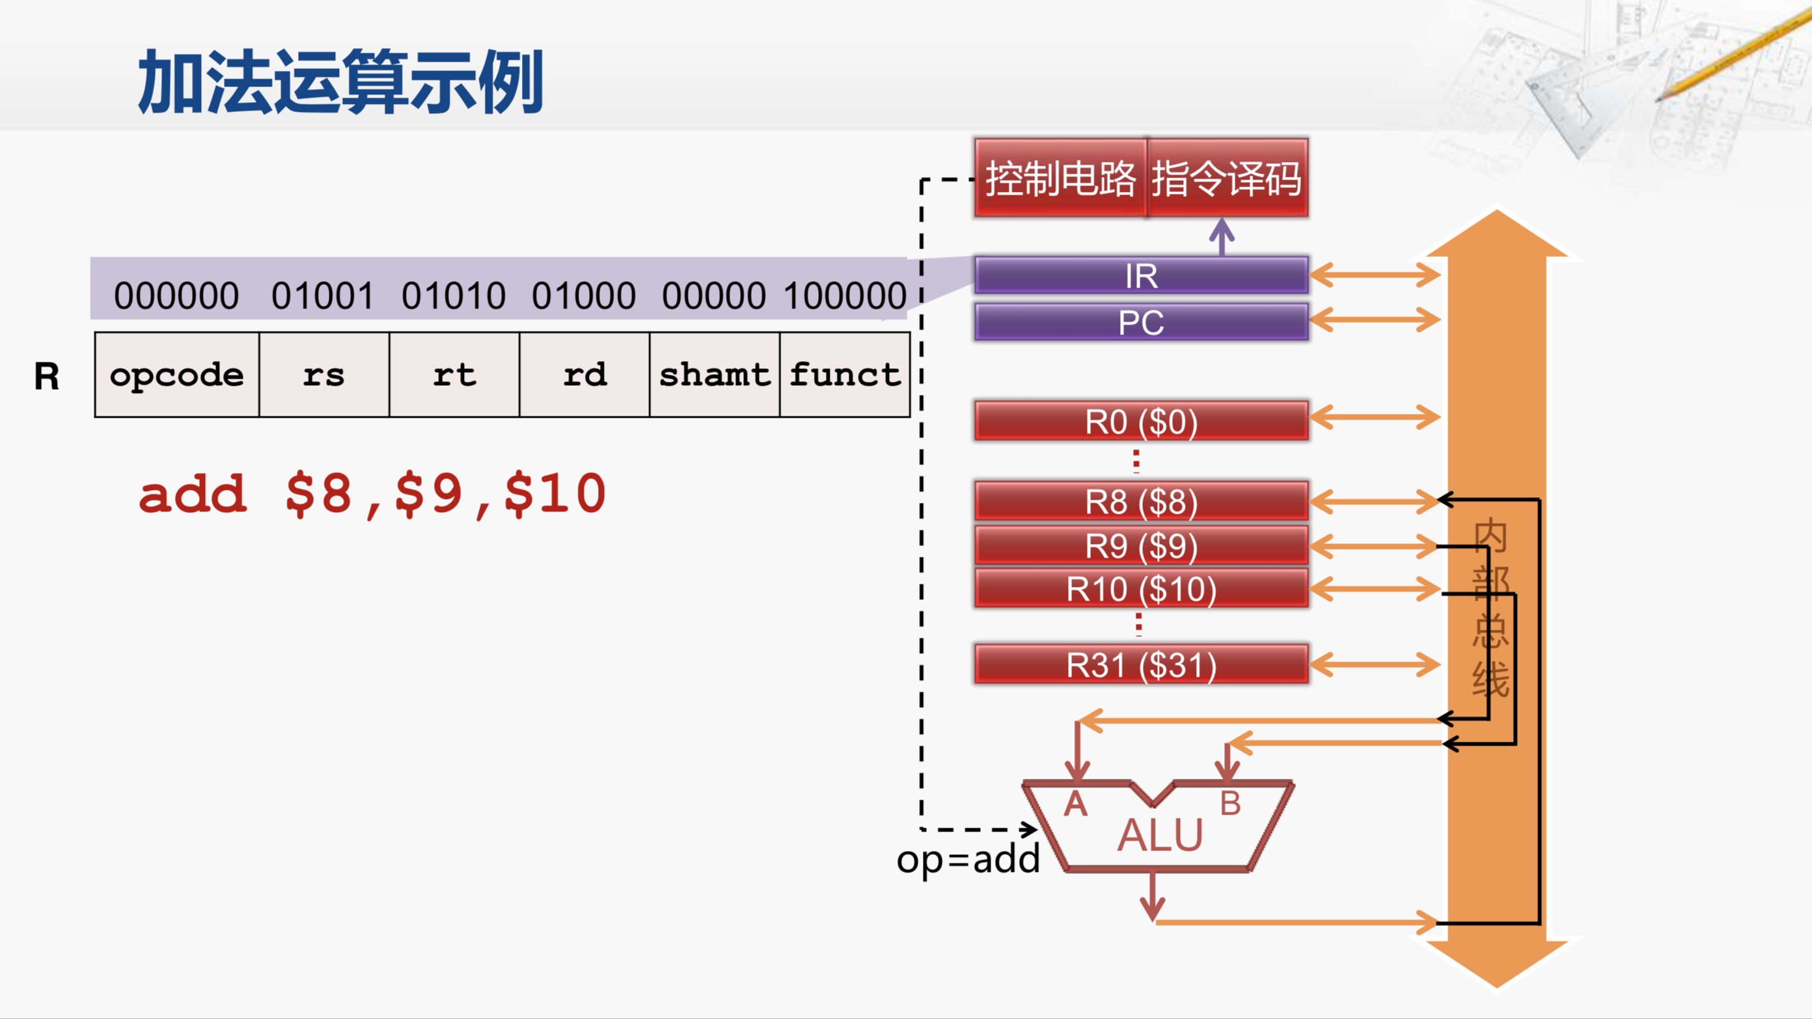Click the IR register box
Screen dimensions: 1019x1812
tap(1140, 275)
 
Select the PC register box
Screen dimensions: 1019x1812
tap(1140, 322)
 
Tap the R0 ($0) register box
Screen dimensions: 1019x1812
tap(1140, 421)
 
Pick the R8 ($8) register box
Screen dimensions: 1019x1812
tap(1140, 502)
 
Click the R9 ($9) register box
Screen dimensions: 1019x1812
tap(1140, 546)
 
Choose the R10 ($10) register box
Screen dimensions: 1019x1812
tap(1140, 589)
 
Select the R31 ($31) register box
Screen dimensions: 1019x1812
tap(1140, 664)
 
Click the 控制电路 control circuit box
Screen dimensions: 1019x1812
tap(1060, 178)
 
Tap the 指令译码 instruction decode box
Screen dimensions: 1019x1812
tap(1227, 178)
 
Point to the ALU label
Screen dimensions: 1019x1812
tap(1160, 836)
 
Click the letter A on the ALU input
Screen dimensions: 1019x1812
tap(1075, 804)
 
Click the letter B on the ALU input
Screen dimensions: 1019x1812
tap(1230, 804)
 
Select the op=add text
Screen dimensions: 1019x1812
tap(968, 860)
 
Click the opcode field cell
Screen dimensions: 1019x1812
tap(176, 375)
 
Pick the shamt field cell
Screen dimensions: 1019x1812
tap(714, 375)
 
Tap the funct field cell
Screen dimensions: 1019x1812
tap(845, 375)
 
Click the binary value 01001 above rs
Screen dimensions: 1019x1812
tap(323, 295)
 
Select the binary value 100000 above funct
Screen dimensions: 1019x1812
tap(845, 295)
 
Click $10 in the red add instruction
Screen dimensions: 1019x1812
tap(555, 494)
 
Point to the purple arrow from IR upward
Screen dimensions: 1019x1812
tap(1222, 237)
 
